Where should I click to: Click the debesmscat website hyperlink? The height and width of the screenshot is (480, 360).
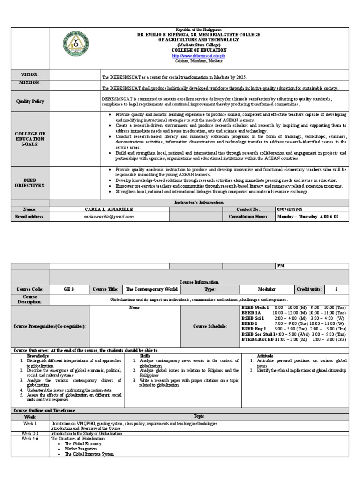coord(199,55)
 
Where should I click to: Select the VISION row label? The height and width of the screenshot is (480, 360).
coord(30,75)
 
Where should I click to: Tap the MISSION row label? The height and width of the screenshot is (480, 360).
coord(30,82)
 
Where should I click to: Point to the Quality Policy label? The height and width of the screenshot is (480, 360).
coord(30,101)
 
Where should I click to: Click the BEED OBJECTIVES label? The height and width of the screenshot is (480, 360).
coord(30,183)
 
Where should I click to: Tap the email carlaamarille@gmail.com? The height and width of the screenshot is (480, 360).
coord(109,216)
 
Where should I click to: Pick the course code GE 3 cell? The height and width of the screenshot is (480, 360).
coord(69,290)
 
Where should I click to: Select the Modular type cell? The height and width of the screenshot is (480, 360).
coord(266,290)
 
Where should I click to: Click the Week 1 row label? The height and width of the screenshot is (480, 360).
coord(30,423)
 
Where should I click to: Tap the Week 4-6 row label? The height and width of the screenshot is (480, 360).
coord(30,439)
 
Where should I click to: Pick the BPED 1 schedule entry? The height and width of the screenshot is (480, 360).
coord(249,323)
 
